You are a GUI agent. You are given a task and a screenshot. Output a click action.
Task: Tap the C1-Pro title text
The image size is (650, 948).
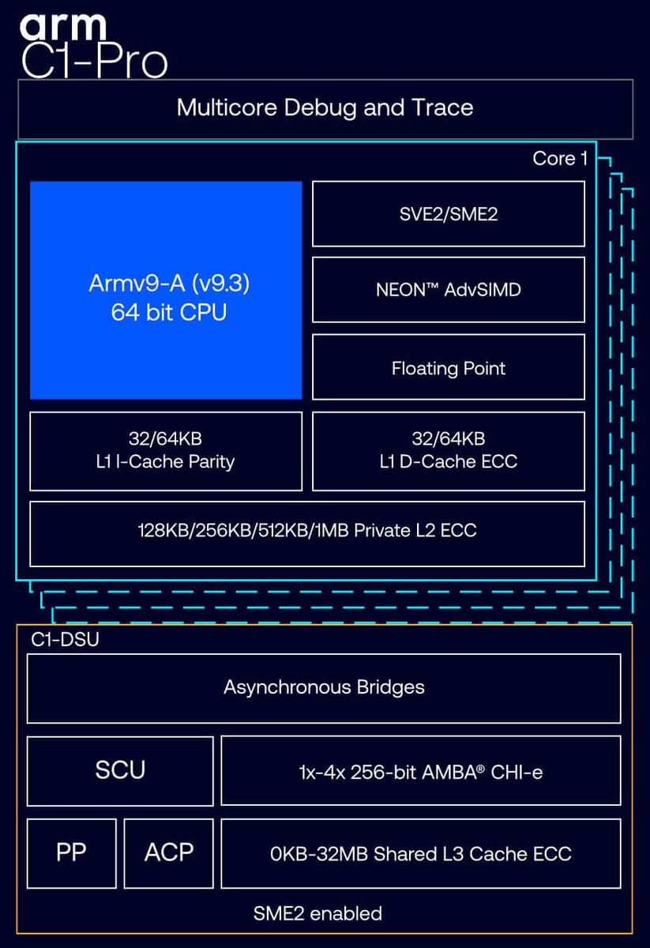[x=94, y=62]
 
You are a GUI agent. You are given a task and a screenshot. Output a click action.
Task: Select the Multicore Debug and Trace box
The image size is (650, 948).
[x=325, y=108]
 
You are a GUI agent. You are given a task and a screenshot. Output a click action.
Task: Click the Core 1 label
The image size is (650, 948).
[x=559, y=158]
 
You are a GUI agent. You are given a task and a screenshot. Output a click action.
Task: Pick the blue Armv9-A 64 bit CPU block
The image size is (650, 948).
[x=166, y=290]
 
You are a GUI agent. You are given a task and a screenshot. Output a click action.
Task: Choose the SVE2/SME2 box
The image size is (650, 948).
[x=448, y=214]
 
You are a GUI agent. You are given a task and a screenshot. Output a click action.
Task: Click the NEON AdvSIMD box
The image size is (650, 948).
[x=448, y=290]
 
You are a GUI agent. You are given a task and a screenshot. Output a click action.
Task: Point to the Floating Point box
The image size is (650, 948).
[x=448, y=368]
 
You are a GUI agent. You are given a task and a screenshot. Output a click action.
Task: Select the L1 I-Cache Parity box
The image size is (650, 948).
[x=166, y=451]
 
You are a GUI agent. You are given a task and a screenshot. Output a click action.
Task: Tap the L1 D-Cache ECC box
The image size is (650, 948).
[x=448, y=451]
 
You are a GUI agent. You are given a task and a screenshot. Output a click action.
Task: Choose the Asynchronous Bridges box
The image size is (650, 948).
[x=324, y=687]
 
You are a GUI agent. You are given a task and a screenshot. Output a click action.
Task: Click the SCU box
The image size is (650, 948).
[x=120, y=770]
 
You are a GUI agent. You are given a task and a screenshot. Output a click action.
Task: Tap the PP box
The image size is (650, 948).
[x=71, y=852]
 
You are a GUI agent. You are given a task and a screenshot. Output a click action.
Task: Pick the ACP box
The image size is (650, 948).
[x=169, y=852]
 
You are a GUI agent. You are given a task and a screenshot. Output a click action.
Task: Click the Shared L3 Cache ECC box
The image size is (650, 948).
[x=420, y=853]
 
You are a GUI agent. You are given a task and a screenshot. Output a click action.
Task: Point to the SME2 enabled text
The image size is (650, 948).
[x=317, y=914]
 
